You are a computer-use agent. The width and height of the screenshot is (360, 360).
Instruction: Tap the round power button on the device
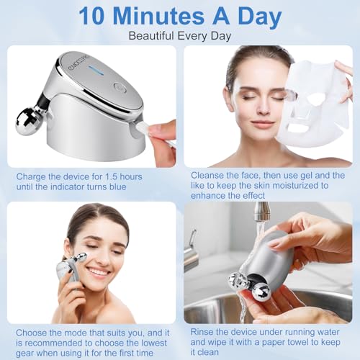point(120,89)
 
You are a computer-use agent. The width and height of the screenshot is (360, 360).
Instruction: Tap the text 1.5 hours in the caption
point(122,176)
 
